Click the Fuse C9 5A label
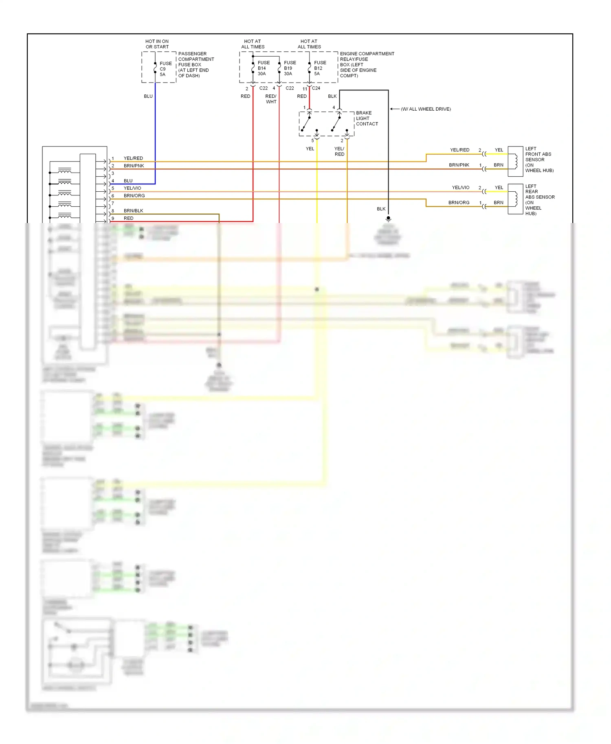[165, 69]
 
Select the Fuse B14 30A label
[263, 68]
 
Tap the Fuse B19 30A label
[290, 68]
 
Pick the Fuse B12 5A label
[319, 68]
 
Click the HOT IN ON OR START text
[157, 44]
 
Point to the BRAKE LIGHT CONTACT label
[367, 118]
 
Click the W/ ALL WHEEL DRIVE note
[425, 109]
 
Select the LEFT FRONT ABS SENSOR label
[538, 160]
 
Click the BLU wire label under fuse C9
[148, 96]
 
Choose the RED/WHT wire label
[271, 99]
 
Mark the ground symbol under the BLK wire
[388, 219]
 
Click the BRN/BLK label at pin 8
[133, 211]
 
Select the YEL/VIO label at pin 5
[132, 188]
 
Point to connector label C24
[316, 88]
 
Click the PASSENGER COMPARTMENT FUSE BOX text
[196, 64]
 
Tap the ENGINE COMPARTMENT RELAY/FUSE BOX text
[366, 64]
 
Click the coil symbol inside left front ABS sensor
[516, 161]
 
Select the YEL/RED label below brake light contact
[339, 151]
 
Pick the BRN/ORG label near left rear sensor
[459, 203]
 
